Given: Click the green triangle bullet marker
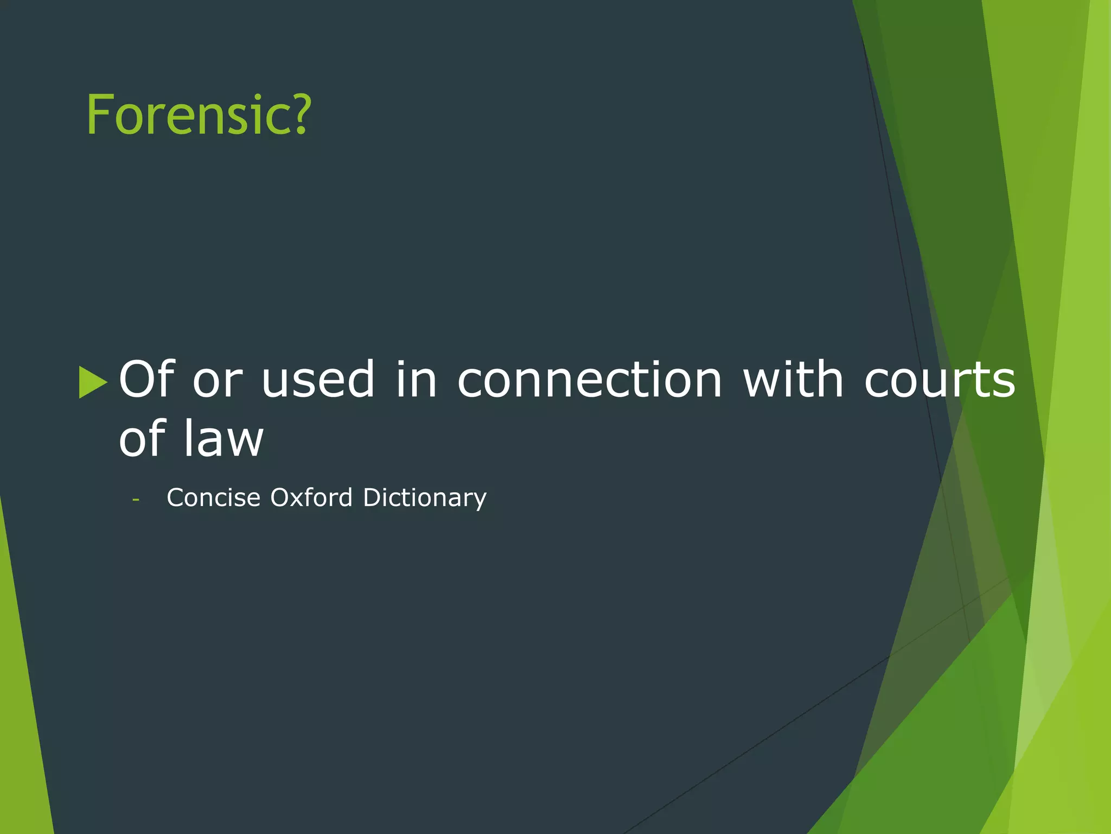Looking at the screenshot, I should coord(93,382).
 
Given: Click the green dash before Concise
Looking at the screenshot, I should coord(136,499).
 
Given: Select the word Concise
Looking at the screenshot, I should coord(214,498).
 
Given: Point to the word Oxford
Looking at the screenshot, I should coord(311,498).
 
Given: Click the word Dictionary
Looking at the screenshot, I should coord(425,498).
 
